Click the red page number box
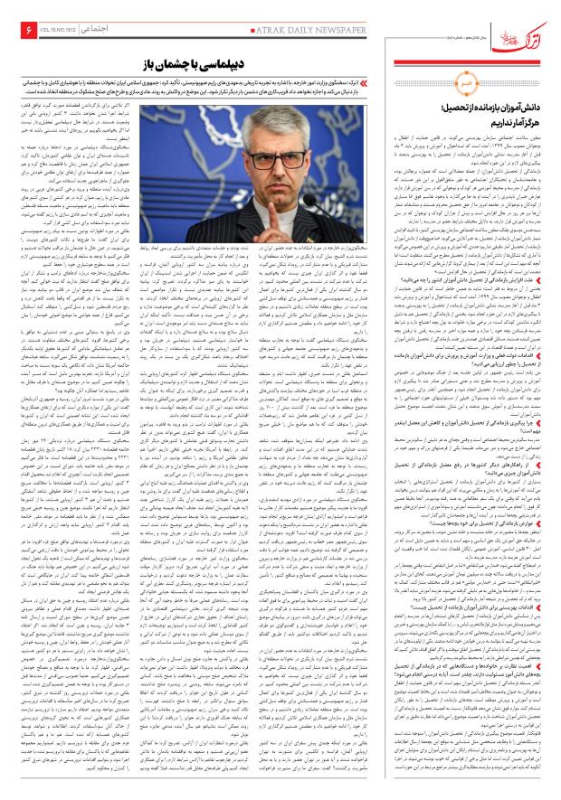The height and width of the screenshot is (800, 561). [x=16, y=31]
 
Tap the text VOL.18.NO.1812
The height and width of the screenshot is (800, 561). [x=52, y=31]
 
